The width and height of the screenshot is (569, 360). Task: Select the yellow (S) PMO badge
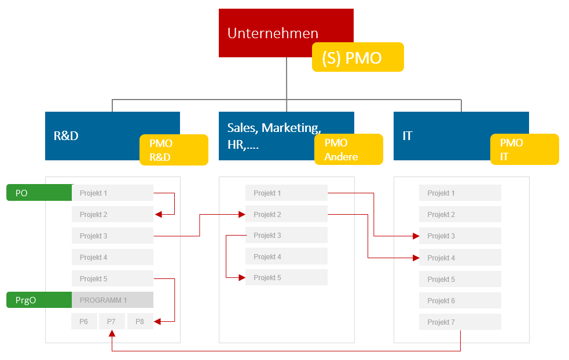(x=357, y=57)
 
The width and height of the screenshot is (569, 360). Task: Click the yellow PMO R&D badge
(x=173, y=150)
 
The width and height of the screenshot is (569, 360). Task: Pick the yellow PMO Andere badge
(x=348, y=150)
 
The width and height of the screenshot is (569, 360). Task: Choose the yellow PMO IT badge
(x=524, y=150)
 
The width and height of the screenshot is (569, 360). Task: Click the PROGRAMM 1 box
(x=112, y=300)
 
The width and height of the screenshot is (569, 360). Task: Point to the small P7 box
(x=112, y=321)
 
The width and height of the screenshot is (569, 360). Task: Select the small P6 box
(x=84, y=321)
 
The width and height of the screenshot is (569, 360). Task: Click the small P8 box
(x=140, y=321)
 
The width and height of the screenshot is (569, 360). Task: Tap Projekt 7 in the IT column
(x=460, y=322)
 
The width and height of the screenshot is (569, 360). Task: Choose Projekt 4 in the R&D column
(x=112, y=257)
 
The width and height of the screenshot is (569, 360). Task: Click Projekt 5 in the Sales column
(x=286, y=277)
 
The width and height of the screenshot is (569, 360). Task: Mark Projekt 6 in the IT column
(x=460, y=300)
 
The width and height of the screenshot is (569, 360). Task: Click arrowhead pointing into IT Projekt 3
(x=416, y=236)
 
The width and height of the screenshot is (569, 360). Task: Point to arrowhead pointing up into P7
(x=112, y=333)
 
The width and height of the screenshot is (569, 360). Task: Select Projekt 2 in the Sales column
(x=286, y=214)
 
